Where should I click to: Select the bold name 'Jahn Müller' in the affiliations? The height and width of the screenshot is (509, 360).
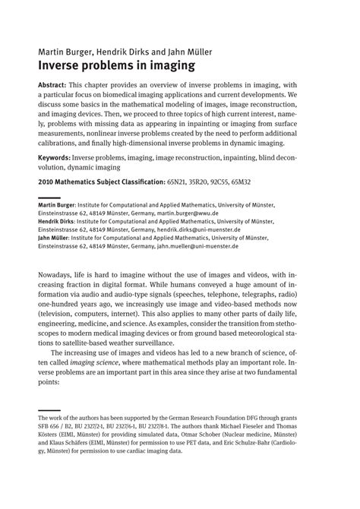[55, 238]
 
